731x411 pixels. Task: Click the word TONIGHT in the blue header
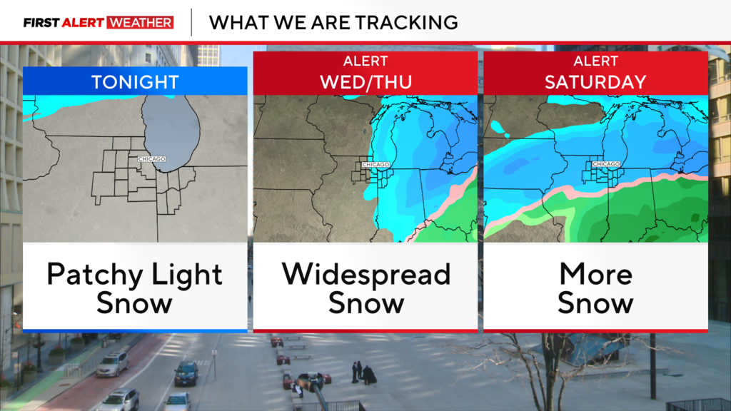tap(135, 81)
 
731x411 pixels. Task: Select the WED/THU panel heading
tap(365, 81)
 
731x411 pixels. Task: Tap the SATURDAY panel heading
tap(595, 81)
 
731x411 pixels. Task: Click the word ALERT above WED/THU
tap(365, 61)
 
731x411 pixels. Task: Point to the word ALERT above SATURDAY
tap(595, 61)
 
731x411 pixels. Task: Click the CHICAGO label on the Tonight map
tap(152, 158)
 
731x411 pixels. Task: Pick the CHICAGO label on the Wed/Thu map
tap(375, 165)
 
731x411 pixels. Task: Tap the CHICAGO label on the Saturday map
tap(606, 164)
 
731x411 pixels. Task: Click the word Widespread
tap(365, 275)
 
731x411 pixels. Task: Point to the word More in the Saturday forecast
tap(595, 275)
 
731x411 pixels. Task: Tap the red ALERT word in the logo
tap(83, 23)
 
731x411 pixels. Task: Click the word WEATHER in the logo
tap(140, 23)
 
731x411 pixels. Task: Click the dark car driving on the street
tap(186, 372)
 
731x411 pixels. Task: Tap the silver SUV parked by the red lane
tap(113, 364)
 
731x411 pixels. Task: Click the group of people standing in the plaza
tap(363, 372)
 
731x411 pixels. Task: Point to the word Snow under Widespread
tap(365, 303)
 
